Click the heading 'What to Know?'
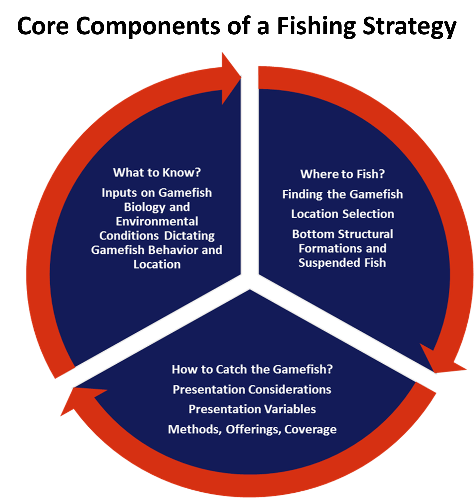157,173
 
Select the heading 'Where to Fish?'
342,174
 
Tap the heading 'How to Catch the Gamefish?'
252,369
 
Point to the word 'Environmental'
157,222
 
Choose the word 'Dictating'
189,236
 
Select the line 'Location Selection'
342,214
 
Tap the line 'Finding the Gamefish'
342,194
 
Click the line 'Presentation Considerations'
252,390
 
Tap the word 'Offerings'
253,429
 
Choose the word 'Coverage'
310,429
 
